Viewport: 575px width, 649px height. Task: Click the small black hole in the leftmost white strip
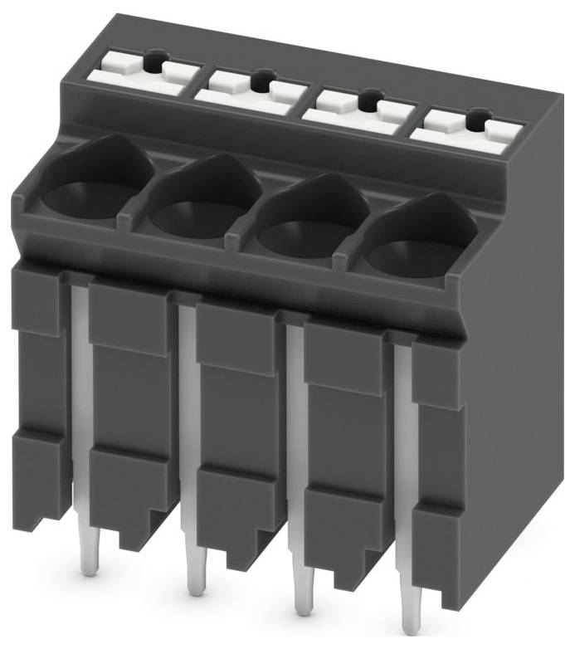click(154, 61)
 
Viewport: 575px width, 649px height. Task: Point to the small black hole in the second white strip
click(261, 81)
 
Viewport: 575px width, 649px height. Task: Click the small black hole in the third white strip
click(368, 101)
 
